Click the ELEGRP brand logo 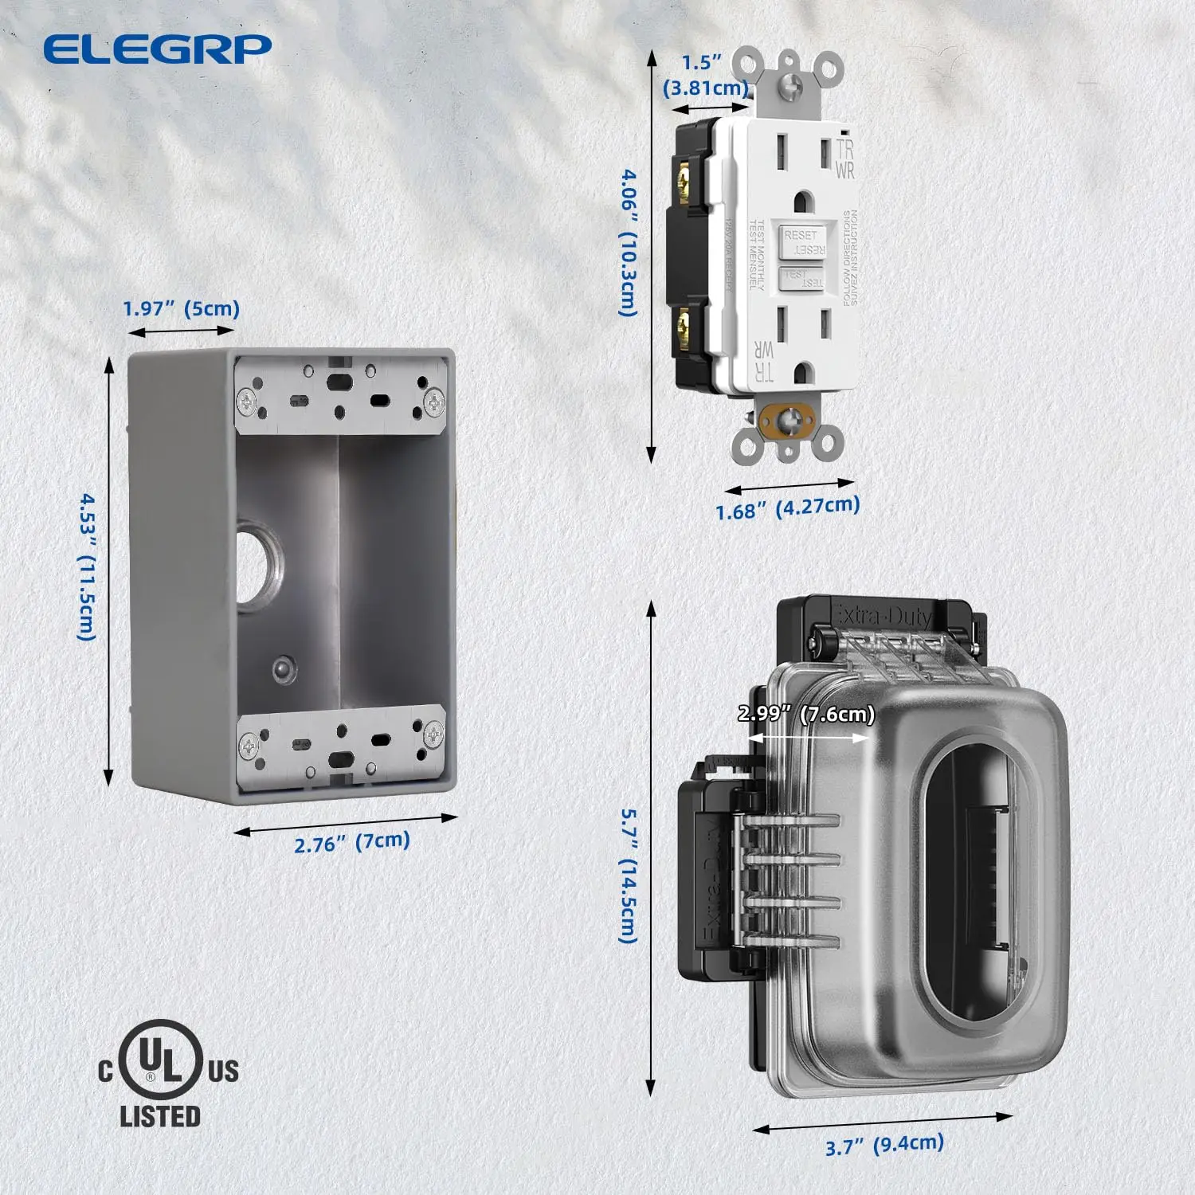pyautogui.click(x=157, y=49)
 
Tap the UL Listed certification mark pyautogui.click(x=167, y=1072)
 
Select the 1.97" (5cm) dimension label pyautogui.click(x=182, y=308)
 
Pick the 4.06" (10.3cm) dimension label pyautogui.click(x=629, y=242)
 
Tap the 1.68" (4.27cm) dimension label pyautogui.click(x=787, y=507)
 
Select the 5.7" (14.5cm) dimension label pyautogui.click(x=629, y=876)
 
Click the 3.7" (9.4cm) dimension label pyautogui.click(x=884, y=1145)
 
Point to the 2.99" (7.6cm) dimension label pyautogui.click(x=805, y=714)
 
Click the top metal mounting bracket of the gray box pyautogui.click(x=341, y=394)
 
